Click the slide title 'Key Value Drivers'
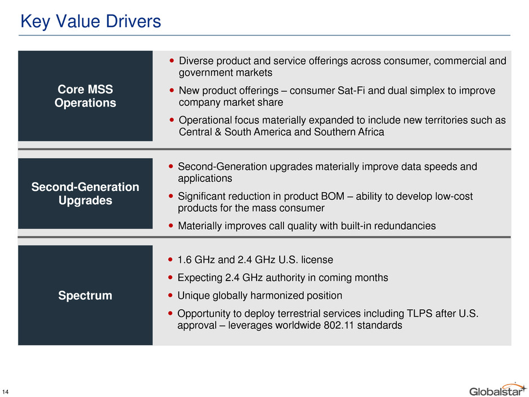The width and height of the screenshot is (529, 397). point(91,21)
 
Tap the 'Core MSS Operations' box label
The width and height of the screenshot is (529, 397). point(86,96)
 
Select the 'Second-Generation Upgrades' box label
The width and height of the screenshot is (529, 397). point(86,194)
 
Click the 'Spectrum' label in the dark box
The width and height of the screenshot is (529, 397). point(85,296)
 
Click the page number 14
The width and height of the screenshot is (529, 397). point(5,392)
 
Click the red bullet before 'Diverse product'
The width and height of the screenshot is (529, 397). point(172,61)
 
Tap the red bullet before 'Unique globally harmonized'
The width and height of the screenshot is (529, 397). point(171,296)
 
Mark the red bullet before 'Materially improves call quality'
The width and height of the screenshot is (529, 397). point(171,225)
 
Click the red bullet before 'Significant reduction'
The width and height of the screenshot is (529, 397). point(171,196)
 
